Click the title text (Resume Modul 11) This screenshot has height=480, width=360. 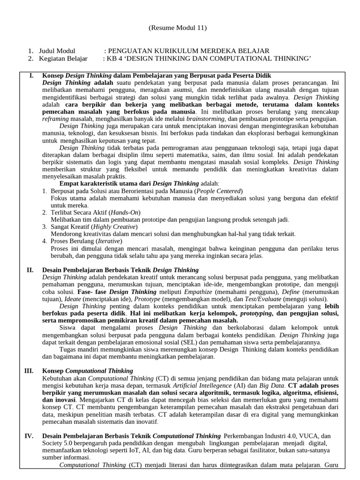click(178, 28)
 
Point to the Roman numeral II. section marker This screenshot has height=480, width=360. click(30, 270)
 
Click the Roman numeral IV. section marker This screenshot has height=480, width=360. click(29, 436)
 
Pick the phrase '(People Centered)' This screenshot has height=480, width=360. click(219, 191)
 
